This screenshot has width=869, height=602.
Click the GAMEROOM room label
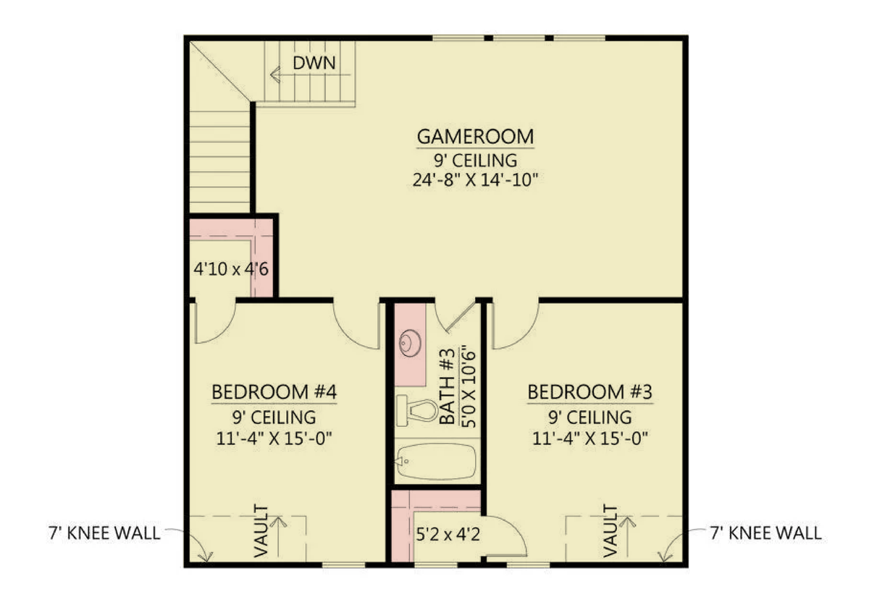pos(475,137)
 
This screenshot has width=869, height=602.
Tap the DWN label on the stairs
pos(314,63)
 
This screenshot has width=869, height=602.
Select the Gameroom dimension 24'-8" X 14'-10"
pos(475,180)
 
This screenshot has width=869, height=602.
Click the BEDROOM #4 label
pos(274,392)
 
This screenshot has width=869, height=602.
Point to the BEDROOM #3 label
pos(589,392)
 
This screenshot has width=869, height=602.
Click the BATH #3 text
pos(448,386)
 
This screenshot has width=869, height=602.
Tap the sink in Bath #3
pos(410,343)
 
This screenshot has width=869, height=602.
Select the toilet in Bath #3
pos(417,410)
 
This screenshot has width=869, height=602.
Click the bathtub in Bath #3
pos(436,462)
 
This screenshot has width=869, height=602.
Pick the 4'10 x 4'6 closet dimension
pos(231,269)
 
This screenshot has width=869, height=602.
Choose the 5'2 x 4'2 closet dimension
pos(448,535)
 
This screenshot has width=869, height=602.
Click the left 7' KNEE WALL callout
pos(104,533)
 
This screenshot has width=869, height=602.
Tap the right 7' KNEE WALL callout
pos(765,533)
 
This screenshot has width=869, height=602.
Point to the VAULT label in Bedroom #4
pos(261,530)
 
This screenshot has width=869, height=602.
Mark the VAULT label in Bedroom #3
pos(610,530)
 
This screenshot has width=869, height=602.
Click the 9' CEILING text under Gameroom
pos(475,160)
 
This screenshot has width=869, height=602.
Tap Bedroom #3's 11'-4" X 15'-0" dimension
pos(589,438)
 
